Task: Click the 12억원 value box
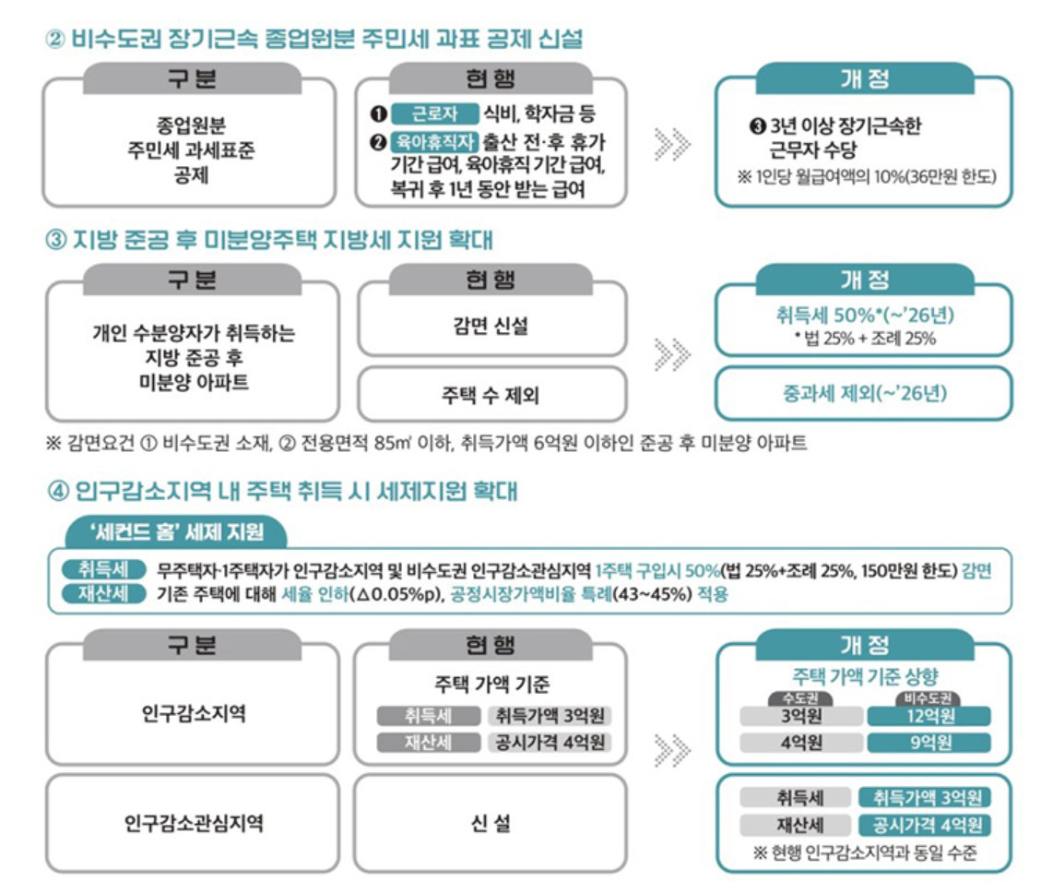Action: point(929,716)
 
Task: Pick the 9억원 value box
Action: point(929,743)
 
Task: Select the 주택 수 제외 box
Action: point(491,395)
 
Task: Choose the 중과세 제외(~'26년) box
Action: point(864,394)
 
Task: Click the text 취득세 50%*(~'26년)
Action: point(864,316)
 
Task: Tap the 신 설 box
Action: point(491,823)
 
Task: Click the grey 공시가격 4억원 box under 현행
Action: point(550,743)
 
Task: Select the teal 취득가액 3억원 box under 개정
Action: point(924,798)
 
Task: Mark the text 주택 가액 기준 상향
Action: point(864,676)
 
